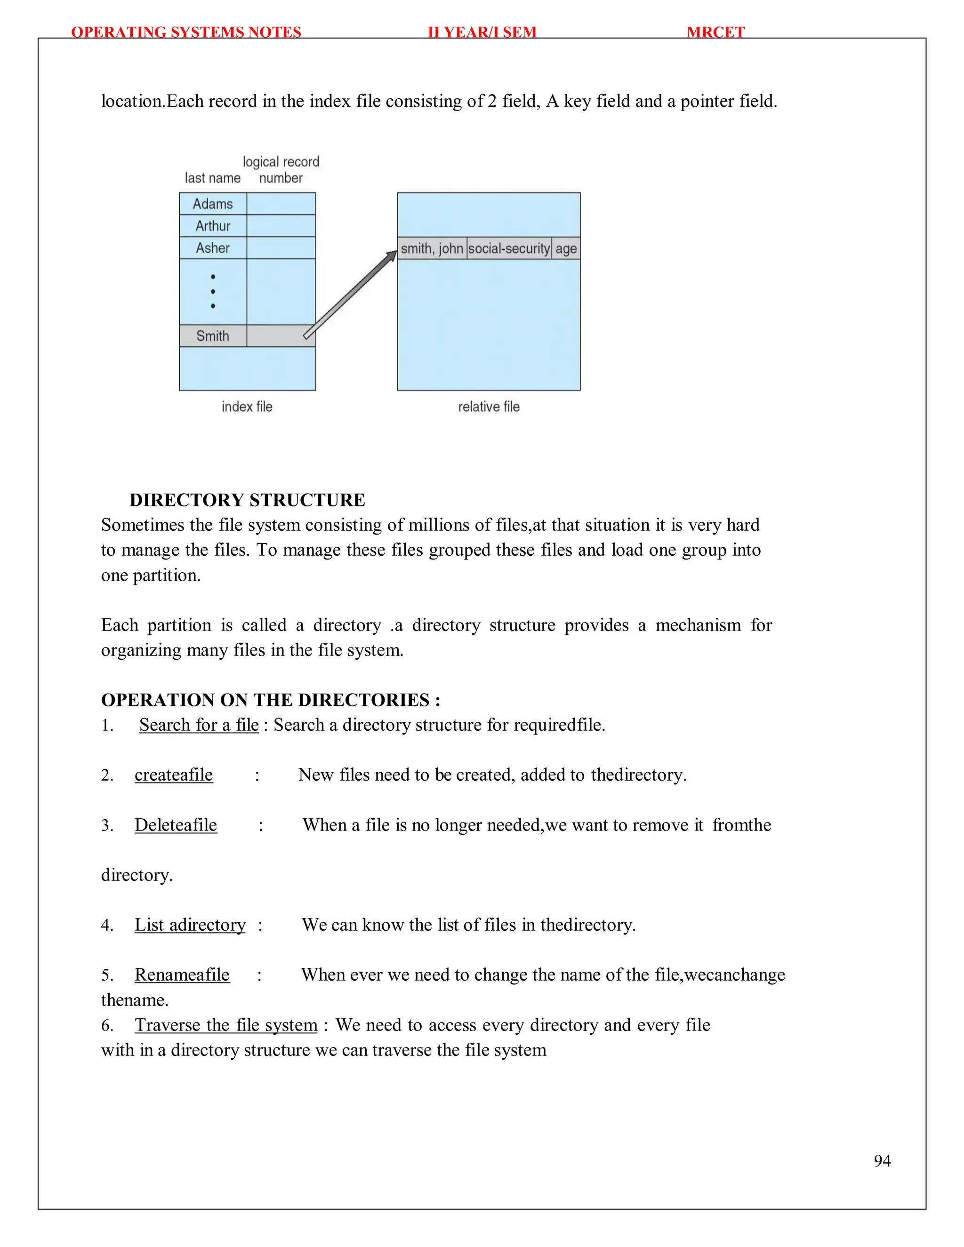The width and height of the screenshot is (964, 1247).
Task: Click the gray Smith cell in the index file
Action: point(212,336)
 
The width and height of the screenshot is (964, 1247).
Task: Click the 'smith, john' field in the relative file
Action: point(432,248)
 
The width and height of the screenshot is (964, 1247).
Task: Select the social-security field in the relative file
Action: point(509,248)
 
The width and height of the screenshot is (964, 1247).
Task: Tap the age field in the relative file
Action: point(566,248)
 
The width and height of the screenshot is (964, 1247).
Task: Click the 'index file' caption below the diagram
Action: point(247,407)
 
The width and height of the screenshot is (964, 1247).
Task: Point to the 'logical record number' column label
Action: point(281,169)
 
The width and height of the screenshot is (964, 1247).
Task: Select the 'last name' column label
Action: point(212,178)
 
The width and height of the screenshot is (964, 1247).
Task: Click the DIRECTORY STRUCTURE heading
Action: point(247,500)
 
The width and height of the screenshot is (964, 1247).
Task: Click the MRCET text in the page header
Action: point(715,32)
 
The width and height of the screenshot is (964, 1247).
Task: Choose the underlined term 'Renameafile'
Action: point(182,974)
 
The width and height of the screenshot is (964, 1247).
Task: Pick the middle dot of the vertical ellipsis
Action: point(213,291)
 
